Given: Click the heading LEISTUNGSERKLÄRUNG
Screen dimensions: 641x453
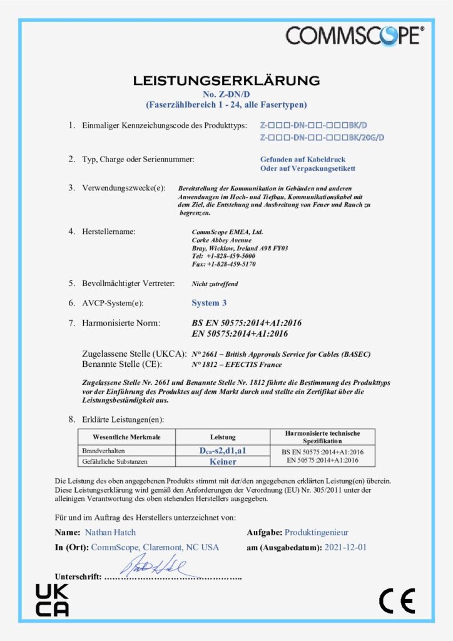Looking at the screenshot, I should coord(226,81).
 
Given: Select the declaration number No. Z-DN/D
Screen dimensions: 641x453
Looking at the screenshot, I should coord(226,94).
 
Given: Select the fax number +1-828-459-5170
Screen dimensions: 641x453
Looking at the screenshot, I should coord(231,264).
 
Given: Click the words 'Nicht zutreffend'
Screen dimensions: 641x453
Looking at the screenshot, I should coord(215,284).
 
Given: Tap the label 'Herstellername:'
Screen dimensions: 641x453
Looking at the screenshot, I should coord(108,232).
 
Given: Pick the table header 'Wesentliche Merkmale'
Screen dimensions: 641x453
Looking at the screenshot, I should coord(126,436).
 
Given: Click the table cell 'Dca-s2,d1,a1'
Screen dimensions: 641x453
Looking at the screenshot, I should coord(222,451).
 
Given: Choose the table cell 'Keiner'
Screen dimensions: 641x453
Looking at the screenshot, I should coord(223,461).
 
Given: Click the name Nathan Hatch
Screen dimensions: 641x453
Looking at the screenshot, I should coord(109,533).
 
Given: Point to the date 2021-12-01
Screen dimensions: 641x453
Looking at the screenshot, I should coord(345,547).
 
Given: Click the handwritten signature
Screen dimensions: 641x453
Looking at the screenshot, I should coord(153,568).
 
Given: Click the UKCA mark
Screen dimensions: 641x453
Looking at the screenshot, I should coord(51,600).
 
